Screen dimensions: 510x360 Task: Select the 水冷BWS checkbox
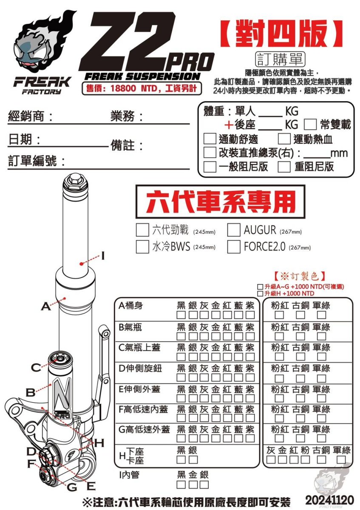142,246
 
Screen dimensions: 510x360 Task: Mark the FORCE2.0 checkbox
234,246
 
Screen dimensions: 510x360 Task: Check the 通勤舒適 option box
210,139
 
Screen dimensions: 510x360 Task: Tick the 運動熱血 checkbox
284,139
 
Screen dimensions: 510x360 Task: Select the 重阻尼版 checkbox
284,167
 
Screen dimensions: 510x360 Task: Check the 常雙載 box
311,125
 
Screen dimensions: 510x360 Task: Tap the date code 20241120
329,499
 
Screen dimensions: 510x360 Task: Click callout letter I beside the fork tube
103,255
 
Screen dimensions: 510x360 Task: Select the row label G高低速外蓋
144,430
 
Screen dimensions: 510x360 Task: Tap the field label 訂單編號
37,161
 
